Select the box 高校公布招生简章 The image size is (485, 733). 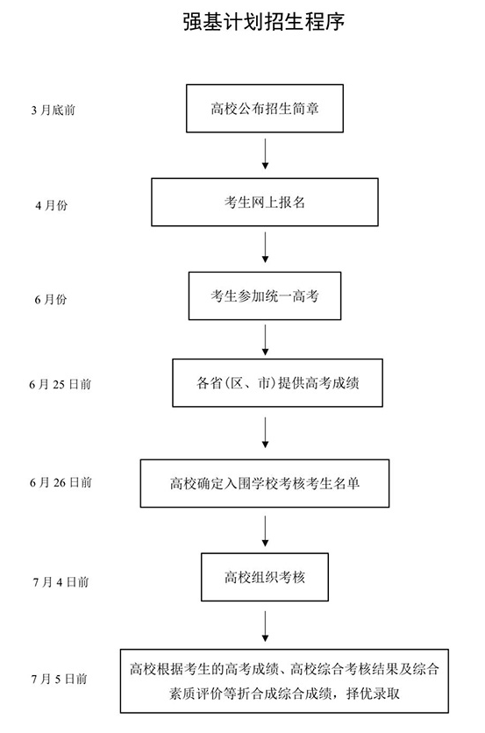pos(264,108)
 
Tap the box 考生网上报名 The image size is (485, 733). pos(264,203)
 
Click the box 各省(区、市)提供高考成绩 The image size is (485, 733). pos(264,383)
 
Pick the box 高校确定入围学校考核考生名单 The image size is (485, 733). pos(264,481)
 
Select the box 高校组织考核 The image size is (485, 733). pos(264,578)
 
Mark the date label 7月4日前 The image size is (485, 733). pos(59,580)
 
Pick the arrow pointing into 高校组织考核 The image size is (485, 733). pos(264,530)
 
